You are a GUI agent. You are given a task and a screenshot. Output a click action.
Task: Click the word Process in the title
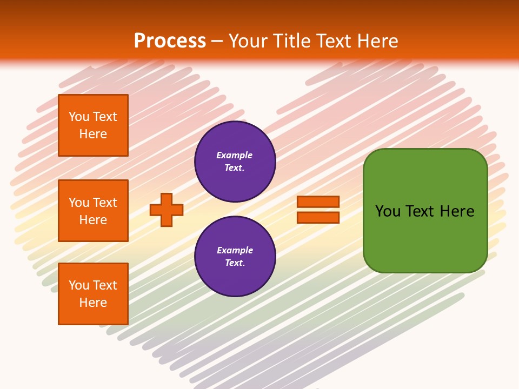[170, 41]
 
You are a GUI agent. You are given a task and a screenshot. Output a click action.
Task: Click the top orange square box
[93, 125]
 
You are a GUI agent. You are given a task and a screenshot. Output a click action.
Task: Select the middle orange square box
[93, 211]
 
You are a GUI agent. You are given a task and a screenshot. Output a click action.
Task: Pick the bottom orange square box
[93, 294]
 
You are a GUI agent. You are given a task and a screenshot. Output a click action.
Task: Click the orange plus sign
[167, 210]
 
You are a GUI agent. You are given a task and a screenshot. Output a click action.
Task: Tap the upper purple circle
[235, 162]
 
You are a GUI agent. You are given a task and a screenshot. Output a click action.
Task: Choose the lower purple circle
[235, 257]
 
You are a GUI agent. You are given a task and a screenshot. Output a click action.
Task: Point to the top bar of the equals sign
[318, 202]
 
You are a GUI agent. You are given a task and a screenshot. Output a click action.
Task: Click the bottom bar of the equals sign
[318, 217]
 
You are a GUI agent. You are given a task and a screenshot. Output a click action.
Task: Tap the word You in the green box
[388, 211]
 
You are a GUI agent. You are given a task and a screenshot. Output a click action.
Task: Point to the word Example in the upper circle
[235, 156]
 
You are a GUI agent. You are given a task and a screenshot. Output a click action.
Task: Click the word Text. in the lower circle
[235, 263]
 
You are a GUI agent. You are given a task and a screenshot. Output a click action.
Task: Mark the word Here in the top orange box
[93, 134]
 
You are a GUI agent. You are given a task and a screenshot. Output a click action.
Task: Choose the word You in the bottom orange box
[79, 285]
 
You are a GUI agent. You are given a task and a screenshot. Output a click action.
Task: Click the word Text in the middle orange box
[105, 203]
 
